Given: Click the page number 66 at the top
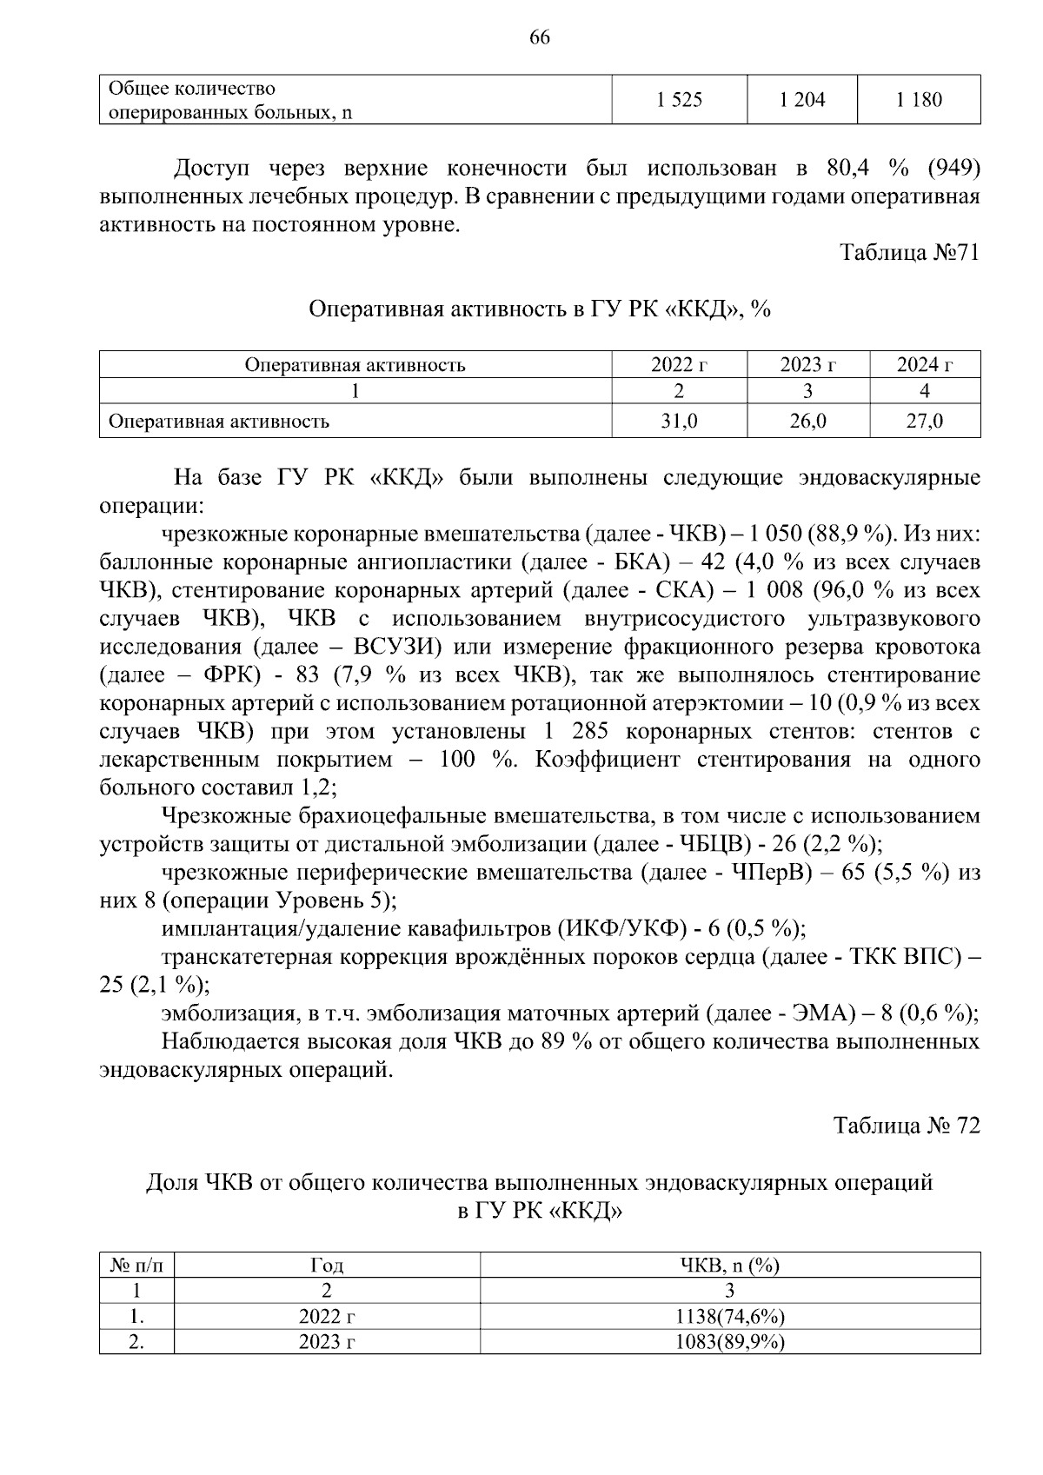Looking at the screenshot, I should coord(539,38).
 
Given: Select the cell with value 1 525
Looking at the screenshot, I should coord(679,100).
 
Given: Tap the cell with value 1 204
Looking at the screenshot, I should coord(801,100).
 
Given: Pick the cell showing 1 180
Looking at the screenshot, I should coord(919,100).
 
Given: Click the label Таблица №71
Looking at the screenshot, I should coord(909,253).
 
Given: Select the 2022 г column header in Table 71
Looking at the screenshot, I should coord(679,365).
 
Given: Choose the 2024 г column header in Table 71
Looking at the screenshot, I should coord(925,365).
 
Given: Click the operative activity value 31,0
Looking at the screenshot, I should coord(679,422).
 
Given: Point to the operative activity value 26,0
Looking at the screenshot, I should coord(807,422).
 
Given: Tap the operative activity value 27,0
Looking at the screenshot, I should coord(925,422).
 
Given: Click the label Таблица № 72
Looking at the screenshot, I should coord(907,1126).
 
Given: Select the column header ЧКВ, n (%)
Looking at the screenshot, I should coord(729,1266).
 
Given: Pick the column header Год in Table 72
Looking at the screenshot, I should coord(327,1266).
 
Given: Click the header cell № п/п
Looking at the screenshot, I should coord(136,1266).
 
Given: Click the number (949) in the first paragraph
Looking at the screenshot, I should coord(953,168).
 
